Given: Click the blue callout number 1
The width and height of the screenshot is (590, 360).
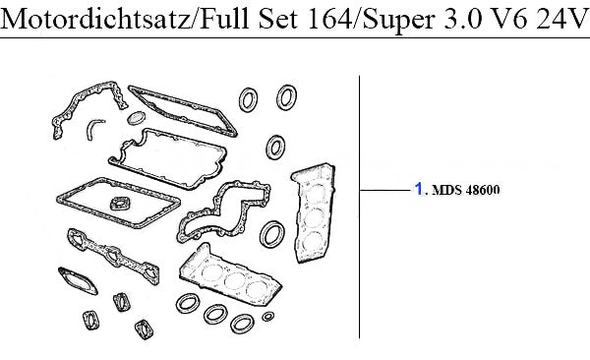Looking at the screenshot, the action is [x=419, y=188].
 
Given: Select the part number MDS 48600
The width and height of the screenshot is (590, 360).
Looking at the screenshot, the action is [x=466, y=190].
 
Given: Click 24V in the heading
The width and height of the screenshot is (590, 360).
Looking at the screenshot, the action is [x=561, y=18].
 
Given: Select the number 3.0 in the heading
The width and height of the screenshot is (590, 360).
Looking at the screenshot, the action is [x=462, y=18].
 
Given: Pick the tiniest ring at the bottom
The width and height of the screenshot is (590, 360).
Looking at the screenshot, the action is [x=267, y=317].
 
